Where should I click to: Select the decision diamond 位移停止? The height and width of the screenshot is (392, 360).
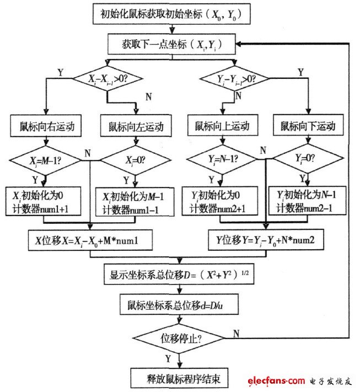(178, 337)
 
